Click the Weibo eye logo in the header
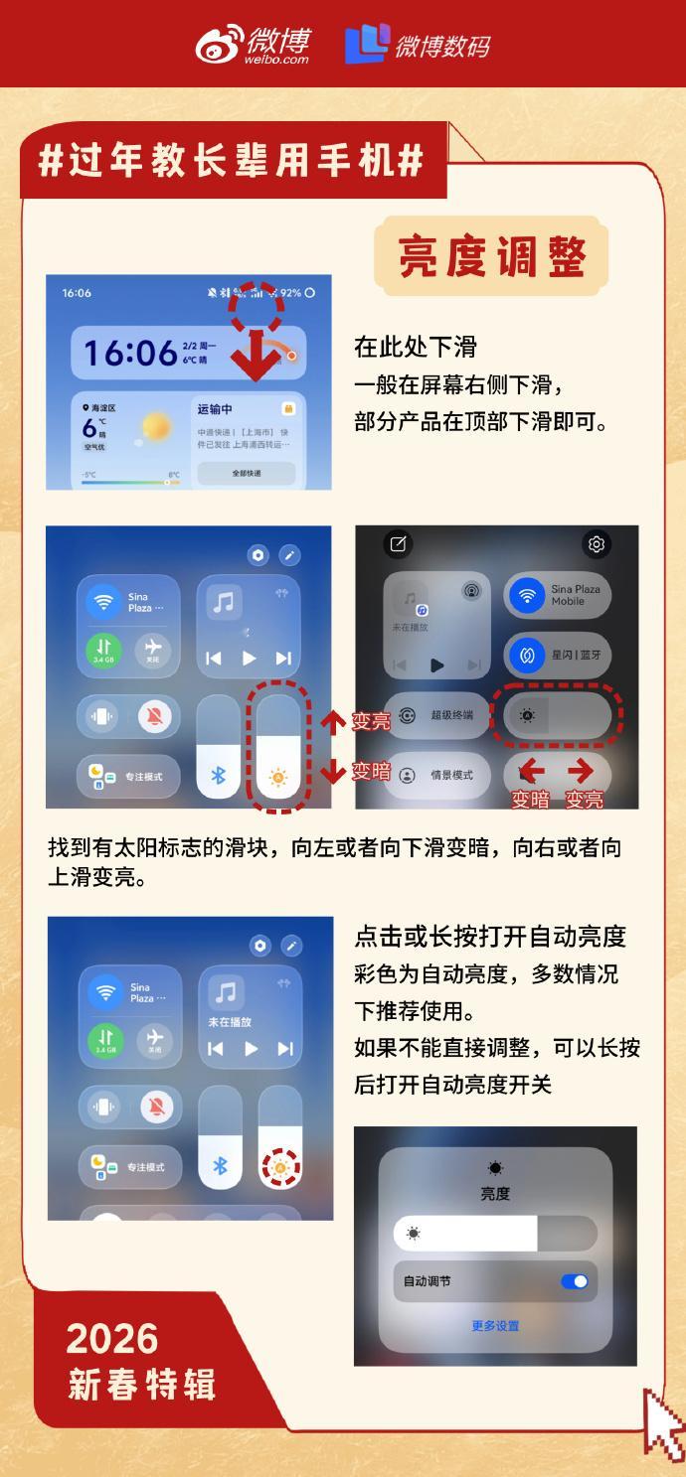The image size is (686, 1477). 219,45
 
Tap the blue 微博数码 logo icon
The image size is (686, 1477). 365,45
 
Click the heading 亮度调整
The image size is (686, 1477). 491,257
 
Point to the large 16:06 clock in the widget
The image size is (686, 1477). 129,353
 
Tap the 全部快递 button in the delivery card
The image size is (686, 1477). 247,473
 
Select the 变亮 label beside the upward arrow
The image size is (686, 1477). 372,722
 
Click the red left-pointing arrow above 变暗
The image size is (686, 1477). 531,771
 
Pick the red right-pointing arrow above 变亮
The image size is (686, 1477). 581,771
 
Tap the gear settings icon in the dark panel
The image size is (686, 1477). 597,543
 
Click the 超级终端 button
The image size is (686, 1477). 437,715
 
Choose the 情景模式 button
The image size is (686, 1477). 437,775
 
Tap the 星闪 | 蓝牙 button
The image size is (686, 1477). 557,656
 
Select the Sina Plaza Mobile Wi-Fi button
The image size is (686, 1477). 557,595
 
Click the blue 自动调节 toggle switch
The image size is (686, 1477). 575,1281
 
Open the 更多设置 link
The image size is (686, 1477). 495,1326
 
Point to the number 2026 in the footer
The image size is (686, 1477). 112,1339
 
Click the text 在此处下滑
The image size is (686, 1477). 416,347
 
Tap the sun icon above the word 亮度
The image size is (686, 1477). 495,1168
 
